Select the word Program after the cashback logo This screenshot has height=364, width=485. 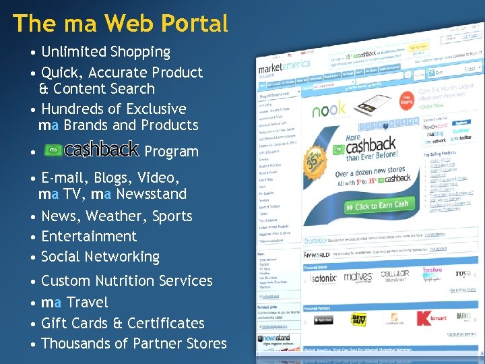(x=171, y=152)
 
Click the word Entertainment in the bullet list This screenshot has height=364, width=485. (x=89, y=237)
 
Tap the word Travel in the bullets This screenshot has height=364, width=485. (x=88, y=303)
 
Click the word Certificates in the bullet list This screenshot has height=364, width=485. (x=166, y=324)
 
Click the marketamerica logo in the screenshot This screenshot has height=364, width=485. (x=284, y=65)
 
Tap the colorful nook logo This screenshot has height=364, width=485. (x=329, y=108)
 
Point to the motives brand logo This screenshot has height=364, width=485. (x=358, y=276)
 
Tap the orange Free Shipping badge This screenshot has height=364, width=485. (x=406, y=100)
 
